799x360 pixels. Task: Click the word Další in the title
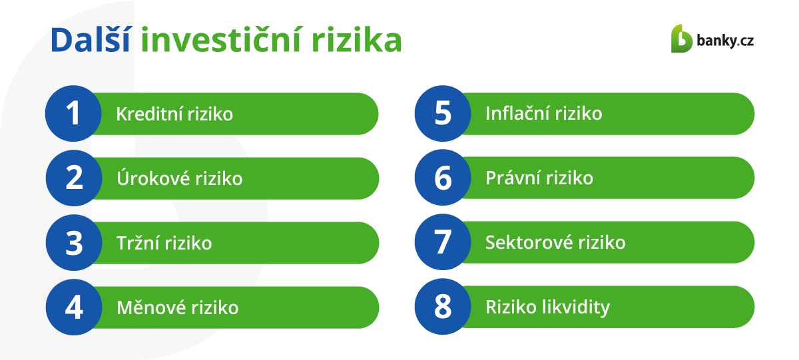click(91, 39)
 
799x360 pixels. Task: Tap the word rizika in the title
click(357, 40)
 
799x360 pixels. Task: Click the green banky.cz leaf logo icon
click(681, 39)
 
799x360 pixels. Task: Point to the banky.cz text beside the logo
click(725, 41)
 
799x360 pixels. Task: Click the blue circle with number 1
click(73, 113)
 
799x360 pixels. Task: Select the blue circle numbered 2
click(74, 178)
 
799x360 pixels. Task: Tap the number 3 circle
click(74, 242)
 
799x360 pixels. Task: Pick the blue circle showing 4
click(74, 307)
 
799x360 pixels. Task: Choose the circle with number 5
click(443, 113)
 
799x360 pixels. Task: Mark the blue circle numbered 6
click(443, 178)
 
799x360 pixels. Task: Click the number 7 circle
click(443, 242)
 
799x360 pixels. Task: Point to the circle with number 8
click(443, 307)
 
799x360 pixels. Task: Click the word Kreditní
click(149, 114)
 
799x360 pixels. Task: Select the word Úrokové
click(153, 178)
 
